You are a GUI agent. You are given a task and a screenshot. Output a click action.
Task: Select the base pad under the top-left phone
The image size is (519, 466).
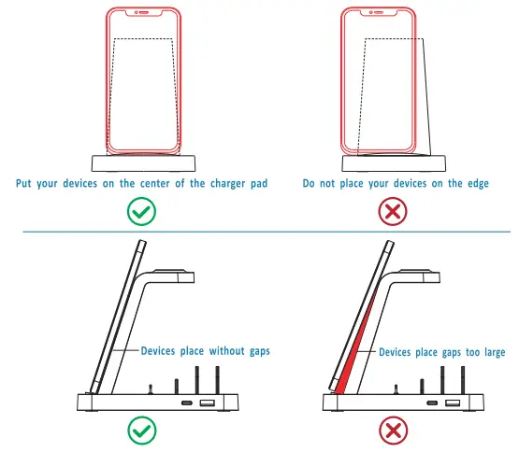click(x=142, y=162)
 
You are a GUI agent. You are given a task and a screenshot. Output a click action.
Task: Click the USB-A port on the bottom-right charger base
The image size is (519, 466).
click(x=454, y=403)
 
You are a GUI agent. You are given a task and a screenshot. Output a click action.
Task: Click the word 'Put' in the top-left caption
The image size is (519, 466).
click(x=25, y=183)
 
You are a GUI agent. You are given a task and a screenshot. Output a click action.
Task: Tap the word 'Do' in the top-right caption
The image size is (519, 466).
click(x=309, y=183)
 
